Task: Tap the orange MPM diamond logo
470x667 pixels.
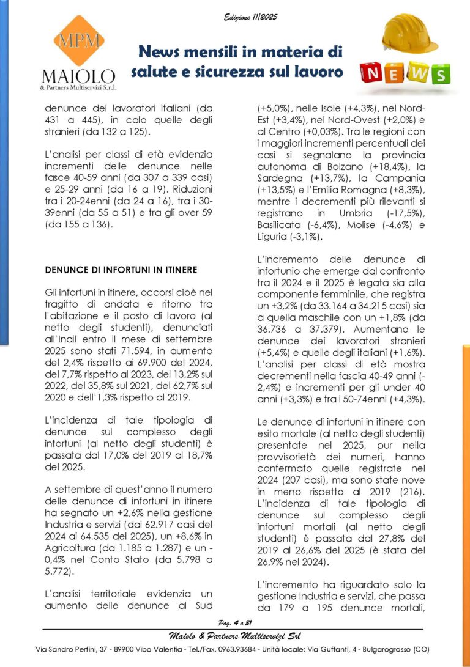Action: click(78, 42)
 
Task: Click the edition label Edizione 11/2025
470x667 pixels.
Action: click(250, 17)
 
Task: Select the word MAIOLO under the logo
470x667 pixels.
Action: click(78, 77)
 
